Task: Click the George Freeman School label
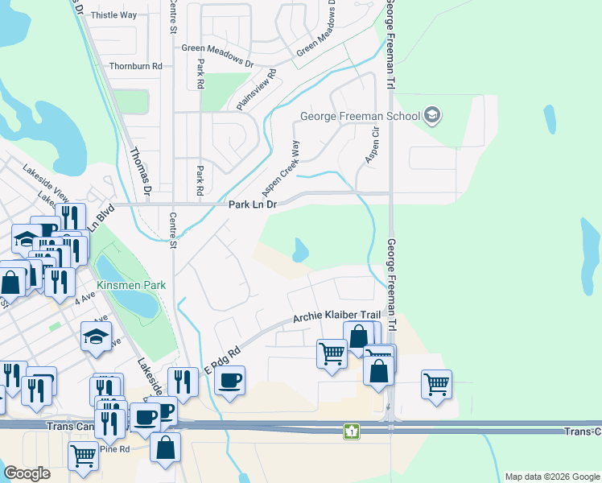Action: [360, 116]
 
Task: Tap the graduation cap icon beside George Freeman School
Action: [433, 116]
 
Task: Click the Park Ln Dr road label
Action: [253, 204]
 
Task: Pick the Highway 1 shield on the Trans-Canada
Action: [351, 431]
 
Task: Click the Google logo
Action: [27, 473]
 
